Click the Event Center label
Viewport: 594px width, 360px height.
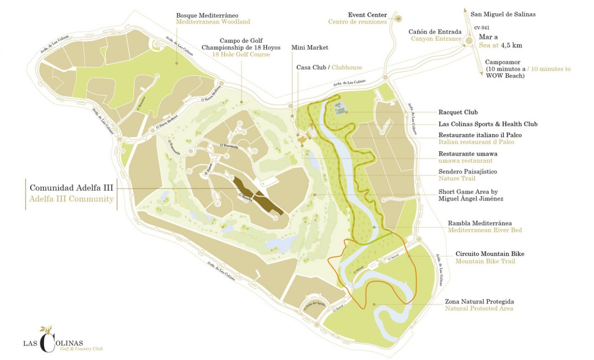coord(367,14)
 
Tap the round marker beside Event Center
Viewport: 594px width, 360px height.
coord(398,18)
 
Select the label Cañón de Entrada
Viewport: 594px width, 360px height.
coord(435,32)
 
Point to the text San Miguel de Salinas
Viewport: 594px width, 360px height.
coord(503,14)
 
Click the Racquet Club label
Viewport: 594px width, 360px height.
coord(458,112)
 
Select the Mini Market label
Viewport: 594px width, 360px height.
coord(310,47)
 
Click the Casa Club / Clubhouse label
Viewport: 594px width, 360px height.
coord(329,67)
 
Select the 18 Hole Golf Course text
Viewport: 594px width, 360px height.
coord(241,54)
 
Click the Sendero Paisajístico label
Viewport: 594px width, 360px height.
coord(468,171)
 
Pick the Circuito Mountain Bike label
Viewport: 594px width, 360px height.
coord(490,254)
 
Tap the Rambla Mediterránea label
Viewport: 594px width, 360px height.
coord(480,223)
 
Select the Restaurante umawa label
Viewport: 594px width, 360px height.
coord(468,153)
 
